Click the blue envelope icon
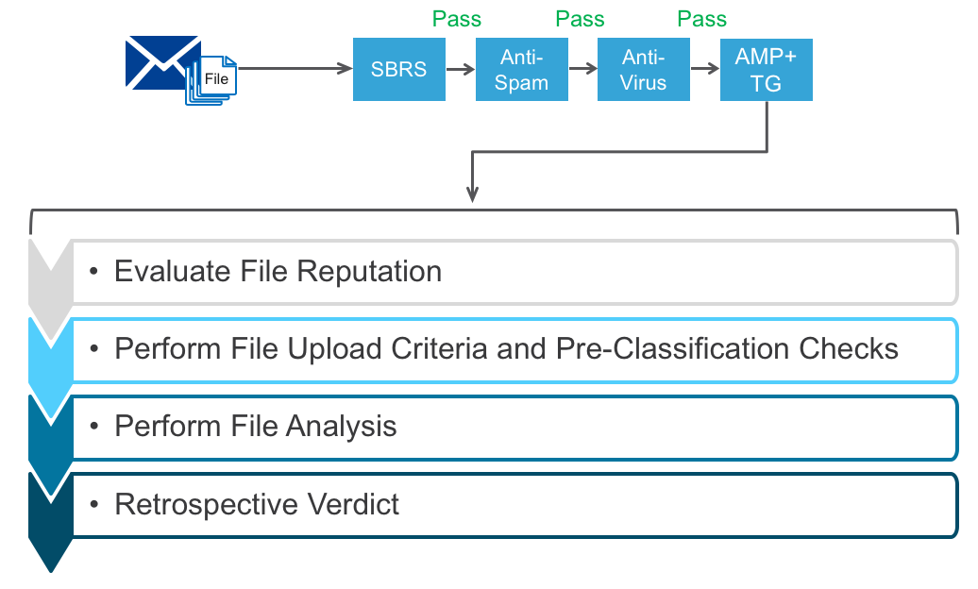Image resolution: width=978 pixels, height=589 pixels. click(x=162, y=62)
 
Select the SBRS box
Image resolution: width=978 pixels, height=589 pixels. click(x=398, y=69)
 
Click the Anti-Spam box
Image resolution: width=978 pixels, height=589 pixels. click(x=521, y=69)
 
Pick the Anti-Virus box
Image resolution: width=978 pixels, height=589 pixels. click(x=643, y=69)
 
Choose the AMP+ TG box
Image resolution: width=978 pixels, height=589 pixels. click(x=766, y=69)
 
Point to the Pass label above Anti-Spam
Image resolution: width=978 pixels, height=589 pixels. click(x=457, y=18)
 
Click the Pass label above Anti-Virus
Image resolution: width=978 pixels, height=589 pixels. click(x=580, y=18)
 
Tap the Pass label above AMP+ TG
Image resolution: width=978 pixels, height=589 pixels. click(x=702, y=18)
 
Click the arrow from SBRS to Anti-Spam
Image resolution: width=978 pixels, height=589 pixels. click(x=460, y=69)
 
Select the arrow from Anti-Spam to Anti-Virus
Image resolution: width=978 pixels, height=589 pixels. click(x=582, y=69)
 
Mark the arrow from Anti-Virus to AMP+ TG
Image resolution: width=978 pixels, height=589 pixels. click(x=704, y=69)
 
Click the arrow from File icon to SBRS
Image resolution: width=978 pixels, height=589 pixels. click(x=293, y=69)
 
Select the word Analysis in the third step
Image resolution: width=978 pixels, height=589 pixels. click(x=344, y=427)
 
